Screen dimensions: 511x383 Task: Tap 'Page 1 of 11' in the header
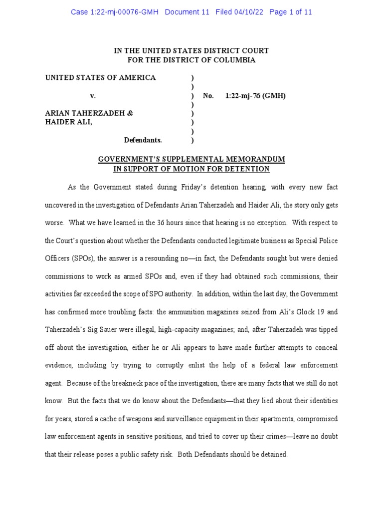[x=291, y=12]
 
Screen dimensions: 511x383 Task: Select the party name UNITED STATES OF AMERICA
[x=100, y=77]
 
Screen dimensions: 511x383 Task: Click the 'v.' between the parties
[x=93, y=95]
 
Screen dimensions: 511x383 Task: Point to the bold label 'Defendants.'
[x=143, y=140]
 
